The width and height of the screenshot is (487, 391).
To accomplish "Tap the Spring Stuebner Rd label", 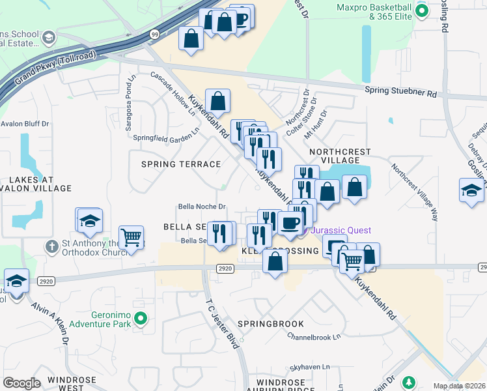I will [400, 93].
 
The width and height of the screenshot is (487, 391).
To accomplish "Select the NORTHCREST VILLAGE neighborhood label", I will [340, 156].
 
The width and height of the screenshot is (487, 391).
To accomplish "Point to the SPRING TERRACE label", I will [182, 164].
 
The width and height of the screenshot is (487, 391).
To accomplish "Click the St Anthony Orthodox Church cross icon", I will [51, 247].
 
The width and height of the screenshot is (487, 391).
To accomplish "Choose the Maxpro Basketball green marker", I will [421, 10].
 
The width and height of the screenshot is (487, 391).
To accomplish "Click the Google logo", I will [21, 383].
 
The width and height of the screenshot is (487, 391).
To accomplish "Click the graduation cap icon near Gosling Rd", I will [471, 190].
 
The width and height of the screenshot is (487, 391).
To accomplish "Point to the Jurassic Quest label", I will [341, 230].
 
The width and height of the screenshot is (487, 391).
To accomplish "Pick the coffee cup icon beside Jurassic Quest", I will [290, 224].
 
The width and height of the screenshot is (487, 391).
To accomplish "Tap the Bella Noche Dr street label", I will [202, 207].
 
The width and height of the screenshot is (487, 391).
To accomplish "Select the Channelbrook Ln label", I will [314, 337].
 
